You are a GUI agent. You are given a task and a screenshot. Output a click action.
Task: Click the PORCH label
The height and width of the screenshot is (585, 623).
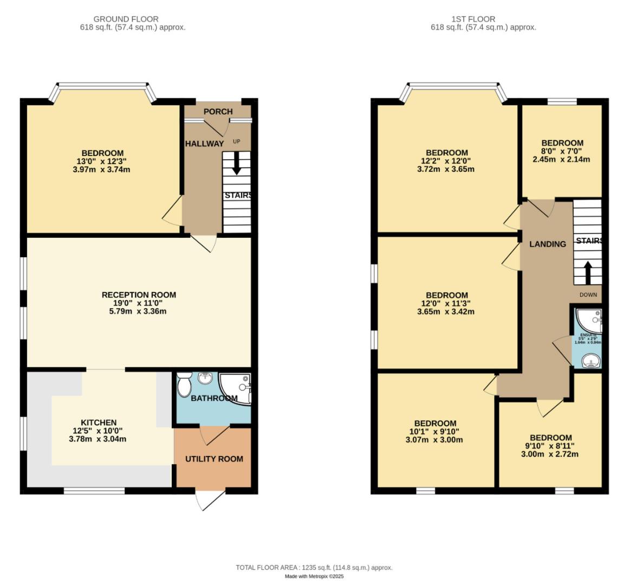click(218, 112)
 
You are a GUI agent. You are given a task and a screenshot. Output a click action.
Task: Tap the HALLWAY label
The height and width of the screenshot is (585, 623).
click(204, 144)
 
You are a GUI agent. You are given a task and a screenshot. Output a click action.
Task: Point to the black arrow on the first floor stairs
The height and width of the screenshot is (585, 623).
click(587, 272)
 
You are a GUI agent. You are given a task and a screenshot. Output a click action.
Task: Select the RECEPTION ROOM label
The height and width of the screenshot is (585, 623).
click(139, 295)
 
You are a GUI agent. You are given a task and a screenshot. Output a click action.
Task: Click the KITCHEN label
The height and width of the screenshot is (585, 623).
click(99, 422)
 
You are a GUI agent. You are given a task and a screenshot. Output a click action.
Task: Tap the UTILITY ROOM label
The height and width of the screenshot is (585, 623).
click(214, 459)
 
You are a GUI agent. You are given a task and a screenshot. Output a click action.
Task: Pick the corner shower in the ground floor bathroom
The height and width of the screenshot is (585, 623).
click(237, 386)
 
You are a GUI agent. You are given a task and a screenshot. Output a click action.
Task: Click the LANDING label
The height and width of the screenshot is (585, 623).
click(547, 244)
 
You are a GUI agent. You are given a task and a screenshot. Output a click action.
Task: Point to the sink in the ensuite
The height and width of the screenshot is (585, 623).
click(588, 360)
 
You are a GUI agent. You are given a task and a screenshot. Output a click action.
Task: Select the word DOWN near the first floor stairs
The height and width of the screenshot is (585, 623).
click(588, 295)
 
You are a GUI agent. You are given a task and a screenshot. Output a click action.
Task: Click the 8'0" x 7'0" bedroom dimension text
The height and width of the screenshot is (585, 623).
click(562, 151)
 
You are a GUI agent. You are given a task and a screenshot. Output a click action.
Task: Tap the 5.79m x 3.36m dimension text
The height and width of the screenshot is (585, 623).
click(139, 311)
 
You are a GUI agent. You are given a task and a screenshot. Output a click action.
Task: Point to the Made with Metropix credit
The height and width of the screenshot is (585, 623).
click(314, 577)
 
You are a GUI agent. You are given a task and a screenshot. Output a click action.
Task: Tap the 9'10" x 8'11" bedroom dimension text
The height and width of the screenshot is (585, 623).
click(550, 446)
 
